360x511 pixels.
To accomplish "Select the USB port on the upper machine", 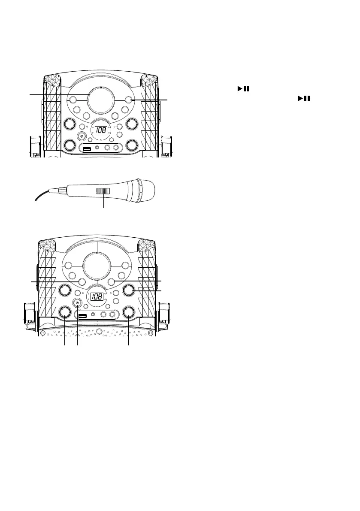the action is tap(87, 149).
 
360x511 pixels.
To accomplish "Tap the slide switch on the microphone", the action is tap(103, 192).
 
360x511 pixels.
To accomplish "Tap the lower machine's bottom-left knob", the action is tap(64, 312).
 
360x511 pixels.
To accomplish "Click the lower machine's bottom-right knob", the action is tap(128, 312).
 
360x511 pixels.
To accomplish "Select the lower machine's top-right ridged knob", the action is tap(128, 291).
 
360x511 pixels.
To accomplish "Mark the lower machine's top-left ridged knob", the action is tap(64, 291).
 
